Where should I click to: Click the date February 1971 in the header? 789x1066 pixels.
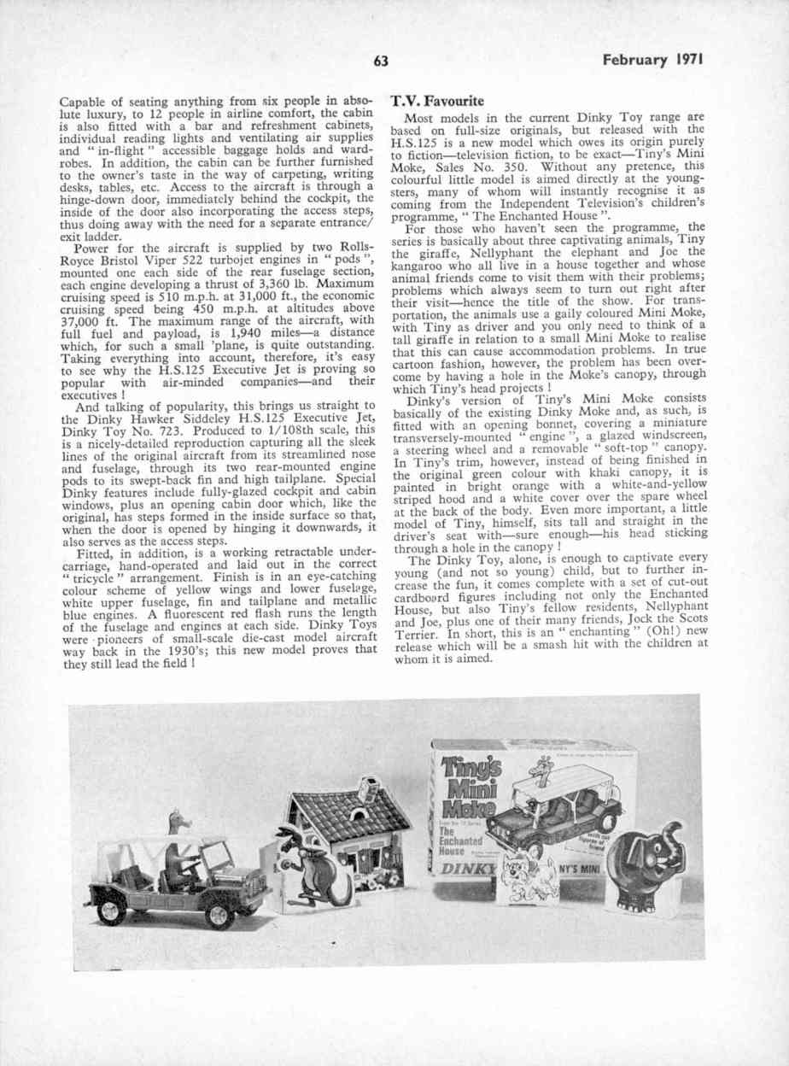coord(657,61)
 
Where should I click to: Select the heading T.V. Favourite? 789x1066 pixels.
coord(437,101)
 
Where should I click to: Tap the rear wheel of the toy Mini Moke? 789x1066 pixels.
coord(112,911)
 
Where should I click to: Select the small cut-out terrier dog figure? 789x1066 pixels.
coord(531,867)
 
